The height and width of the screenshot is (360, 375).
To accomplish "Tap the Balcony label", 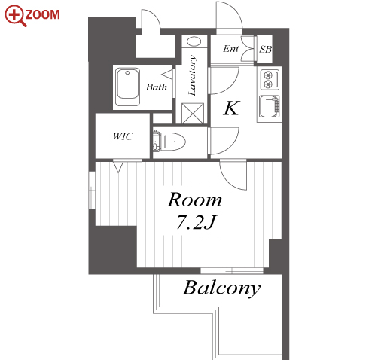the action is [221, 288].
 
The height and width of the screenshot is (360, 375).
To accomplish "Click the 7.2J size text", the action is [196, 222].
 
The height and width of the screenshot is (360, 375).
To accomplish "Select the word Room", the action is [194, 200].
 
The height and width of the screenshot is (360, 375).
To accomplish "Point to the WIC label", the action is [123, 136].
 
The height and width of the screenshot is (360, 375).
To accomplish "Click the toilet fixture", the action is [169, 141].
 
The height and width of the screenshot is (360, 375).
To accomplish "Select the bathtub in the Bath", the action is [127, 87].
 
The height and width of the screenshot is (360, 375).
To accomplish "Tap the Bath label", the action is [157, 87].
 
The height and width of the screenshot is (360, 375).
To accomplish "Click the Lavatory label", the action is [192, 75].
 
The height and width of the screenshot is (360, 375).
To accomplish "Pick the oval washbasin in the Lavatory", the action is [194, 41].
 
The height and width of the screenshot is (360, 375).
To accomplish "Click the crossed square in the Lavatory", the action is [193, 113].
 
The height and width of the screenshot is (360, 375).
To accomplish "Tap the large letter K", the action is [232, 108].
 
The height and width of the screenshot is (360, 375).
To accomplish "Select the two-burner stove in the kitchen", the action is [270, 80].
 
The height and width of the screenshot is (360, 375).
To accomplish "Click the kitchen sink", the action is [270, 106].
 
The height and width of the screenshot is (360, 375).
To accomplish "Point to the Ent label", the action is [230, 49].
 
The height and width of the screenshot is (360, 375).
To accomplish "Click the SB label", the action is [265, 49].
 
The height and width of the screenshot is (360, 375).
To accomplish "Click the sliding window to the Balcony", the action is [232, 271].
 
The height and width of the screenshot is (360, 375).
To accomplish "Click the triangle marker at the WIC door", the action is [118, 167].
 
